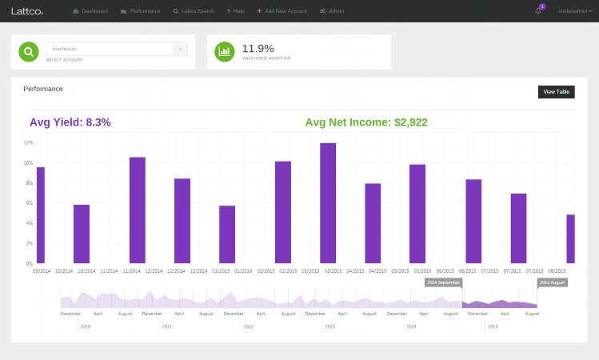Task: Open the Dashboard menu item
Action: pos(91,11)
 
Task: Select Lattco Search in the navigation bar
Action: pos(194,11)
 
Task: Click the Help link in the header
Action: pos(235,11)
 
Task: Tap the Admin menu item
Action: pos(333,11)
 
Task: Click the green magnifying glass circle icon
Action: pos(29,51)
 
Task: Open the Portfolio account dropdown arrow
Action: pos(181,49)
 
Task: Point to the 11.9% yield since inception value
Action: pos(258,47)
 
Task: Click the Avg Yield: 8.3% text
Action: pos(70,122)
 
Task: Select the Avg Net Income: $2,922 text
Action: pos(366,122)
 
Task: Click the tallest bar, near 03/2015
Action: pos(328,203)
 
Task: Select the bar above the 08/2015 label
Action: pos(570,238)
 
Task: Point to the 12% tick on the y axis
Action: pos(28,142)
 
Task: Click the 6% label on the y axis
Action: pos(28,203)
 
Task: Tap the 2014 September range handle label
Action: pos(443,282)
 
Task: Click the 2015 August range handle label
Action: pos(553,282)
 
